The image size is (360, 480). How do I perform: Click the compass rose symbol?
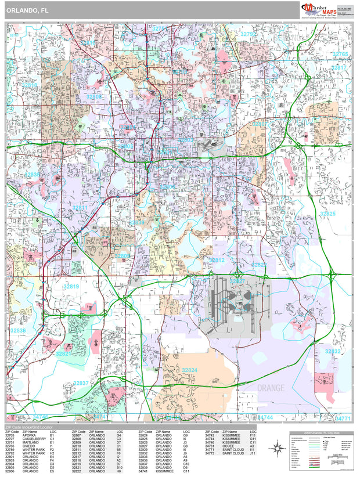tap(278, 447)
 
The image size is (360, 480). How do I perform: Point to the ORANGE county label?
tap(271, 388)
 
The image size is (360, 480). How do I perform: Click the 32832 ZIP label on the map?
tap(333, 352)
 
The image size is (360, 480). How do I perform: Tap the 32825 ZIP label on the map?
tap(328, 214)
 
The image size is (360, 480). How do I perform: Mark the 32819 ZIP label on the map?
tap(71, 286)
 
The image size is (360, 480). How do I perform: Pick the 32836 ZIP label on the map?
tap(18, 330)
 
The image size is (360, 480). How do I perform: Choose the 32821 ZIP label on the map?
tap(64, 353)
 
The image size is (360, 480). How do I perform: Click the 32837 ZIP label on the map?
tap(81, 383)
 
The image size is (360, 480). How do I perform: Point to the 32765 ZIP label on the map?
tap(340, 54)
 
